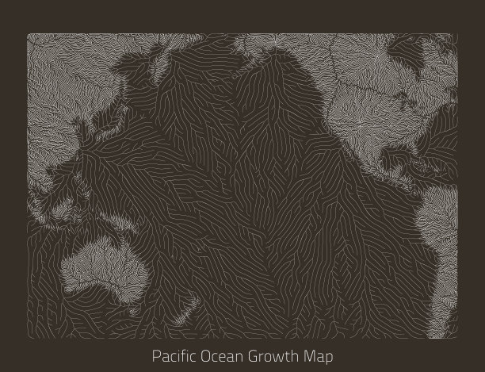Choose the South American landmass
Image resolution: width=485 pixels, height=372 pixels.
pos(444,238)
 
